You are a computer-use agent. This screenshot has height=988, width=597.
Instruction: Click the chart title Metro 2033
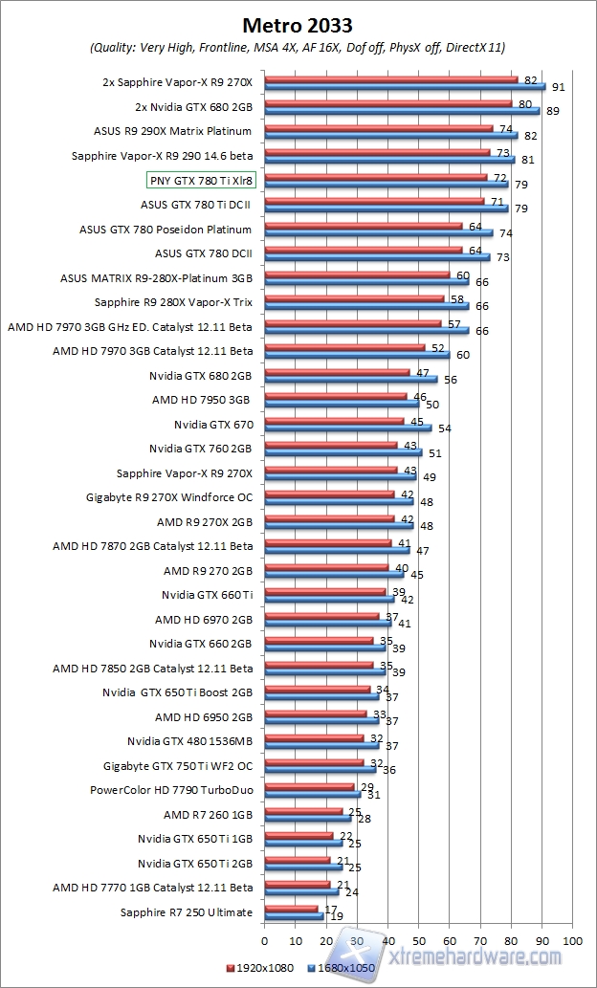point(298,23)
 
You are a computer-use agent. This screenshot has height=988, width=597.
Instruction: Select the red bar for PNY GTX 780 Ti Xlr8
point(375,178)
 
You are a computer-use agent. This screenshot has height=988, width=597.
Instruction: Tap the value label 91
point(557,87)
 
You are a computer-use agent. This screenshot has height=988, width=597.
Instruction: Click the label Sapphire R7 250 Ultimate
point(187,912)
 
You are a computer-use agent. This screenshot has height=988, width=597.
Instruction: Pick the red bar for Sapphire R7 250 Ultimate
point(291,909)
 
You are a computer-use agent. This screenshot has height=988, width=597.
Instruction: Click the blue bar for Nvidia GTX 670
point(347,428)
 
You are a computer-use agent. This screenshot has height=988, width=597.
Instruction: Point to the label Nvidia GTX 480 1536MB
point(189,741)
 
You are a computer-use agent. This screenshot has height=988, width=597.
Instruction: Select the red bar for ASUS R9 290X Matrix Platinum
point(378,128)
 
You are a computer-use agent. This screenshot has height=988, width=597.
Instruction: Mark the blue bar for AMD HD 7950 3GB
point(342,404)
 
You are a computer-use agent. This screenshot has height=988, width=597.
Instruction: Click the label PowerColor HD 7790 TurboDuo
point(171,790)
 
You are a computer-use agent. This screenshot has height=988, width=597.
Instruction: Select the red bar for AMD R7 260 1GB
point(303,811)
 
